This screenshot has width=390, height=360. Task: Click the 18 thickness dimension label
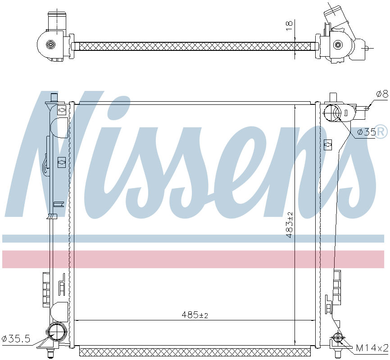(289, 26)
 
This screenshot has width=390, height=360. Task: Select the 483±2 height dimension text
(289, 225)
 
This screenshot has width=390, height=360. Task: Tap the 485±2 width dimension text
(195, 315)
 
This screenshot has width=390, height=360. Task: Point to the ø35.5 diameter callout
(16, 338)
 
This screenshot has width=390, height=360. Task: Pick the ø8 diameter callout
(382, 94)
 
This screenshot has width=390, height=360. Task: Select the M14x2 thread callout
(372, 347)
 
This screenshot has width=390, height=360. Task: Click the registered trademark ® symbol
(381, 131)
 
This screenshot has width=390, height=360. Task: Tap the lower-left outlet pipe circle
(57, 332)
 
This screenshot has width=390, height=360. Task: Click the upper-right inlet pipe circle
(332, 113)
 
